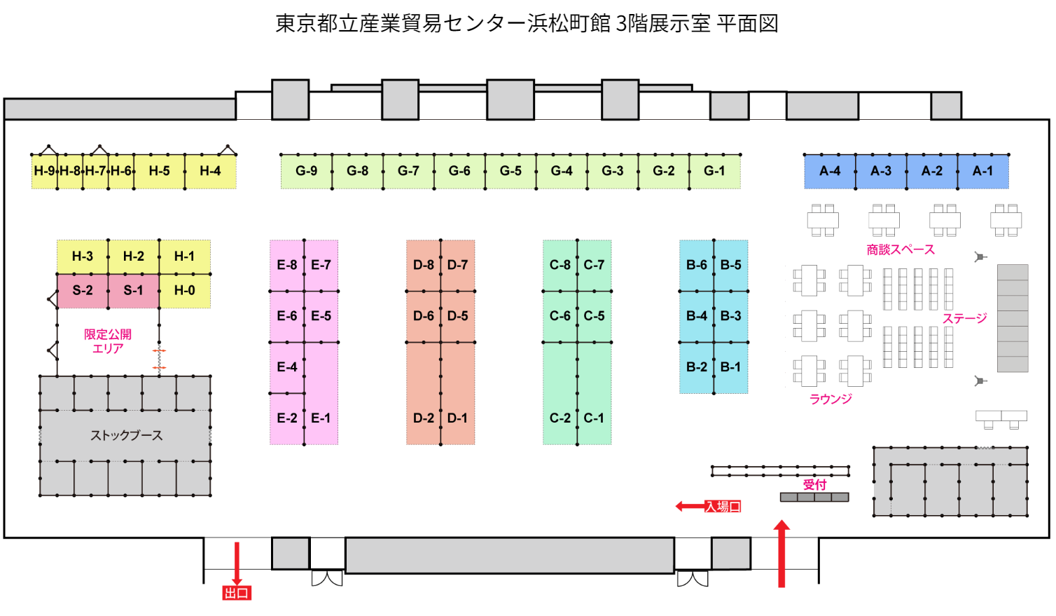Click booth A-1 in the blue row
(982, 171)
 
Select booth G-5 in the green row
(510, 171)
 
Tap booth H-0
(185, 290)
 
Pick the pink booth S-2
(83, 290)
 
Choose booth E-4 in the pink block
(287, 367)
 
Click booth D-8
(424, 265)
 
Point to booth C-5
(595, 316)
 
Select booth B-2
(697, 367)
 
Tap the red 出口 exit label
(237, 594)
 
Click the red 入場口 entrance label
(723, 507)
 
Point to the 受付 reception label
(814, 484)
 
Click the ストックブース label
(126, 435)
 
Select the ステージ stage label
(964, 319)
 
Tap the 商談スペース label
(901, 249)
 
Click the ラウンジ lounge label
(831, 399)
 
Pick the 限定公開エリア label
(108, 341)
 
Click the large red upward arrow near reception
(781, 554)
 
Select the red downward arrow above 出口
(237, 563)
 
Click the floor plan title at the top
(527, 24)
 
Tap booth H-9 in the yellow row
(44, 171)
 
